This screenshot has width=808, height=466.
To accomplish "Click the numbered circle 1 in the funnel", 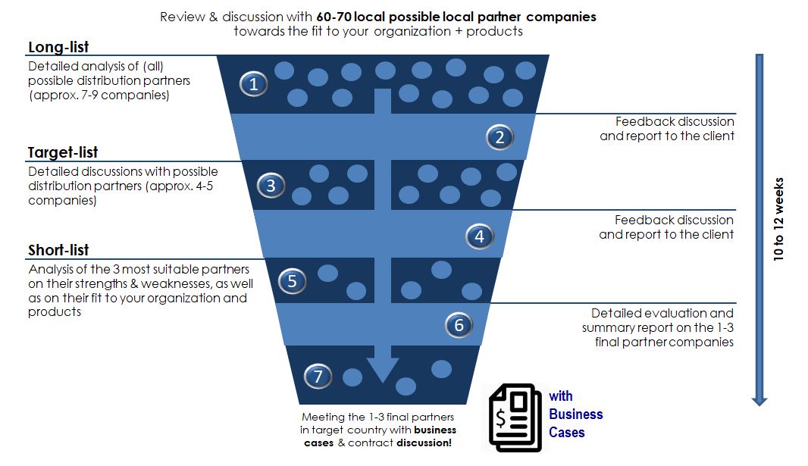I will [x=254, y=84].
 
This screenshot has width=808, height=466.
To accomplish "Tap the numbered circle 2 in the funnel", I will [x=500, y=137].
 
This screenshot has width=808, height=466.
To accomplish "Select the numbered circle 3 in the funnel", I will [x=271, y=186].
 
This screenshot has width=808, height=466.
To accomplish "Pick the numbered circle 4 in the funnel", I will [x=479, y=236].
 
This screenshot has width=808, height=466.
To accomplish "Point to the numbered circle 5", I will [x=292, y=282].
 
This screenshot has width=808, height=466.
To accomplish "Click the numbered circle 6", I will [x=459, y=326].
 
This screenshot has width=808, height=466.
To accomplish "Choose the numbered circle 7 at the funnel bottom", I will [x=318, y=375].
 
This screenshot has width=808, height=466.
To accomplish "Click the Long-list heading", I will [x=58, y=48].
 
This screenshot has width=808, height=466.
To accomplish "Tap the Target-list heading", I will [x=63, y=153].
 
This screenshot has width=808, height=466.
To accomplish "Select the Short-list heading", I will [x=58, y=251].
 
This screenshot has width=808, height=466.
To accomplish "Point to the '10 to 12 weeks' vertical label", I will [x=779, y=220].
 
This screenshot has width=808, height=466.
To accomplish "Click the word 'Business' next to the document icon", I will [x=576, y=414].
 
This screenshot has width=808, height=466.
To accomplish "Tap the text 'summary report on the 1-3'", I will [x=658, y=327].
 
